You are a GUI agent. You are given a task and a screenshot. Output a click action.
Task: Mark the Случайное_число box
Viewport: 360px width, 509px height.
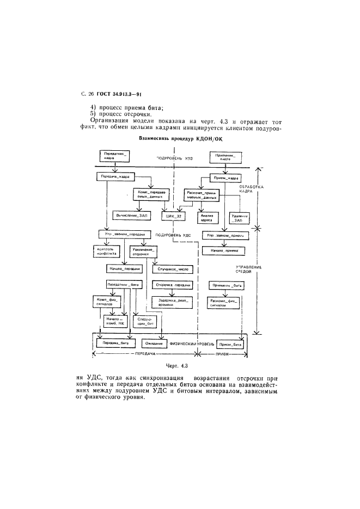[173, 269]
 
